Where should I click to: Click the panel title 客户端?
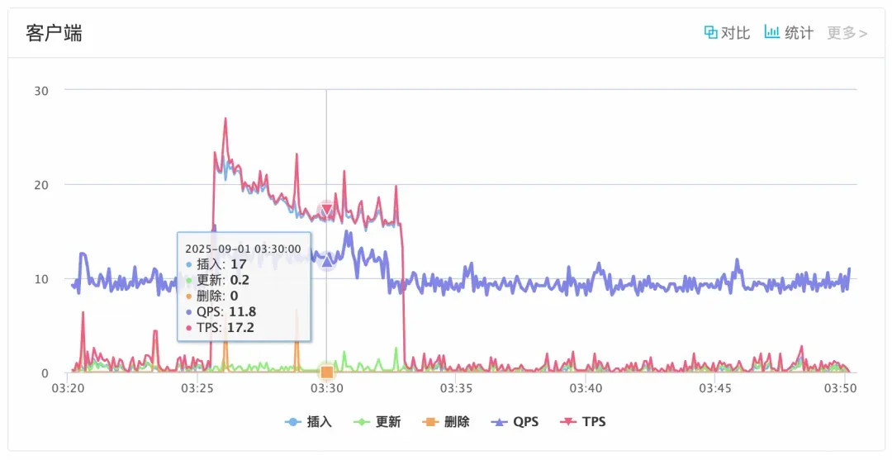[54, 33]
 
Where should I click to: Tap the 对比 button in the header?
[727, 33]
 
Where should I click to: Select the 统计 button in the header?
[789, 33]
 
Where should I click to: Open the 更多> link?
[847, 33]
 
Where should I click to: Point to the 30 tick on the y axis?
[40, 90]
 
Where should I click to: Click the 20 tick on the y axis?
[40, 184]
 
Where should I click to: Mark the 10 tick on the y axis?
[40, 279]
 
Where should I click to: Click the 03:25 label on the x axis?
[197, 387]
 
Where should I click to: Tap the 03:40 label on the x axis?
[585, 387]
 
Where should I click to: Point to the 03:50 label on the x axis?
[844, 387]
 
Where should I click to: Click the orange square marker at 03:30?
[326, 372]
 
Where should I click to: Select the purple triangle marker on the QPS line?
[326, 262]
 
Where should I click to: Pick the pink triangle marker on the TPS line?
[326, 210]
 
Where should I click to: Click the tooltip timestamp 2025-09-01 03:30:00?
[243, 249]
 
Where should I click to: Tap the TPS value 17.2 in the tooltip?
[240, 328]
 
